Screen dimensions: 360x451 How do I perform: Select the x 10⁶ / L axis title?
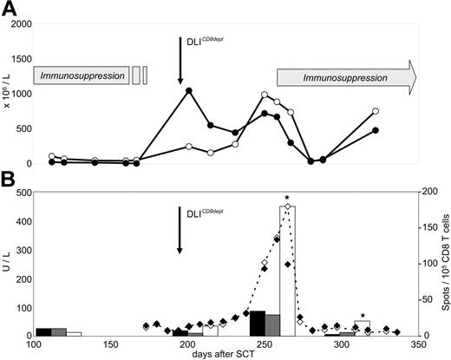[7, 93]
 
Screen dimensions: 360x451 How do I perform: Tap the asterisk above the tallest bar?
[287, 199]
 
